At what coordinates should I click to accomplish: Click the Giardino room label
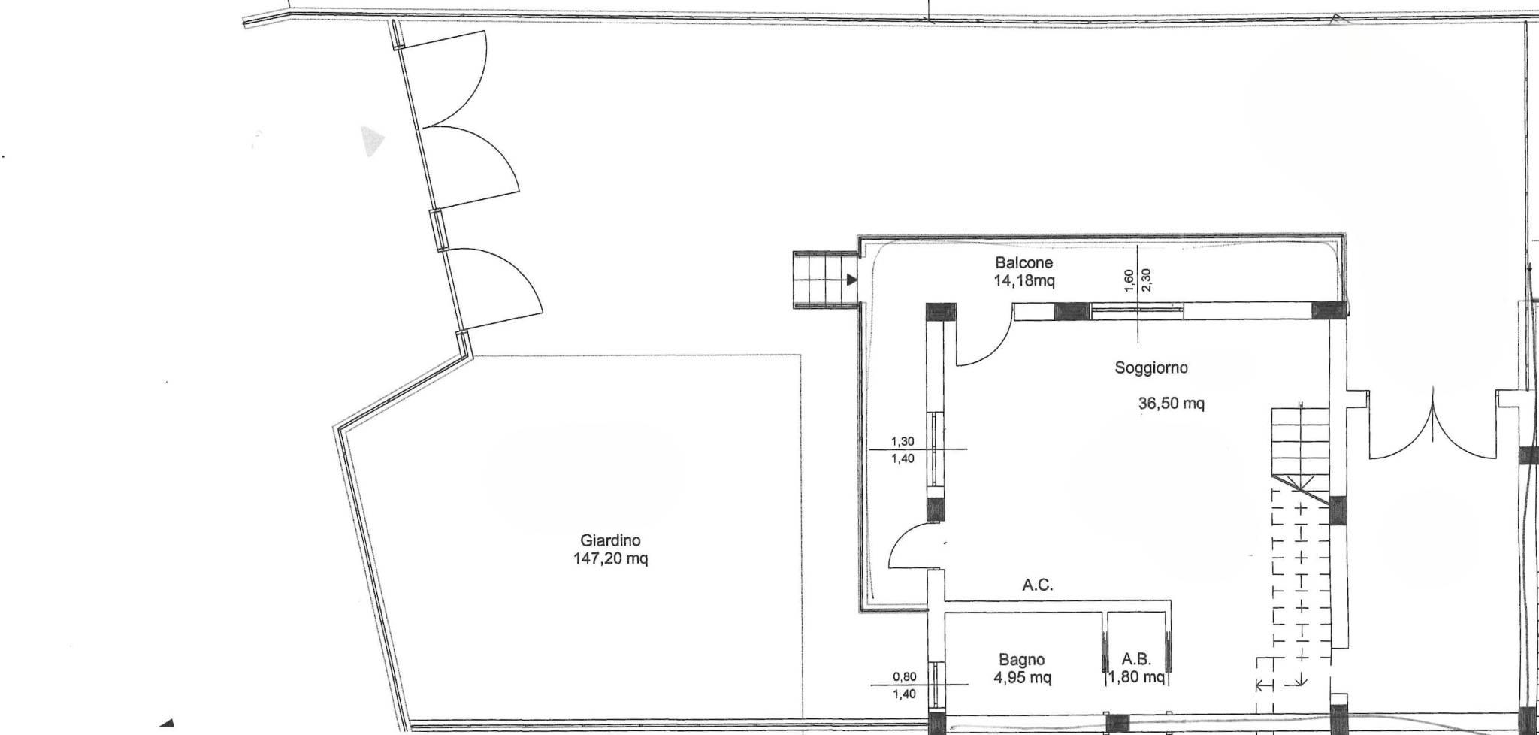point(610,540)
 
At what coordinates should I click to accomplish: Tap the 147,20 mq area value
point(610,559)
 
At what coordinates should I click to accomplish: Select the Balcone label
point(1023,263)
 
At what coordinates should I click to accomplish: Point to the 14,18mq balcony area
point(1023,282)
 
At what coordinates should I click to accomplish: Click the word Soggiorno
point(1151,368)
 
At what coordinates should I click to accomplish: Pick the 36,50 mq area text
point(1172,404)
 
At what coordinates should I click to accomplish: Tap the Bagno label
point(1021,660)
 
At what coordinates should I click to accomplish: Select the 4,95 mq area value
point(1022,678)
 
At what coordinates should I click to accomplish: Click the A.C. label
point(1038,585)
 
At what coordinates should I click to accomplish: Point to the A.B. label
point(1137,660)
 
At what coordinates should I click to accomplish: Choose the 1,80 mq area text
point(1136,678)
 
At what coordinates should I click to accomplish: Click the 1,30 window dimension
point(903,442)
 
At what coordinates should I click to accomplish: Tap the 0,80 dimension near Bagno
point(904,676)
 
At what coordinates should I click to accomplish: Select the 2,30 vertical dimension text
point(1147,280)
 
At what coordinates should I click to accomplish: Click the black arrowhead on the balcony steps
point(852,280)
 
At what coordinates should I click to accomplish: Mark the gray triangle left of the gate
point(371,141)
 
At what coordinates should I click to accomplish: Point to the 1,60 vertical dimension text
point(1129,280)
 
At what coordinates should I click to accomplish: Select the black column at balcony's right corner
point(1329,311)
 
